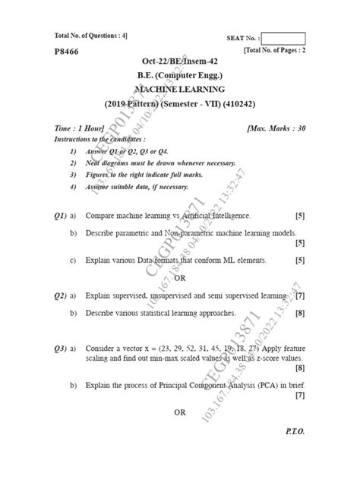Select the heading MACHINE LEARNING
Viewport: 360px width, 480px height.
click(x=180, y=89)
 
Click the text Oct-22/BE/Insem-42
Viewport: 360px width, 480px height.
click(x=180, y=62)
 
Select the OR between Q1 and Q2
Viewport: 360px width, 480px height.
click(x=179, y=277)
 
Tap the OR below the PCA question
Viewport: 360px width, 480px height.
click(x=179, y=412)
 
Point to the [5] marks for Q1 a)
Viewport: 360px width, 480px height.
click(x=300, y=216)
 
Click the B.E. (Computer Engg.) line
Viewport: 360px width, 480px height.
click(x=180, y=75)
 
